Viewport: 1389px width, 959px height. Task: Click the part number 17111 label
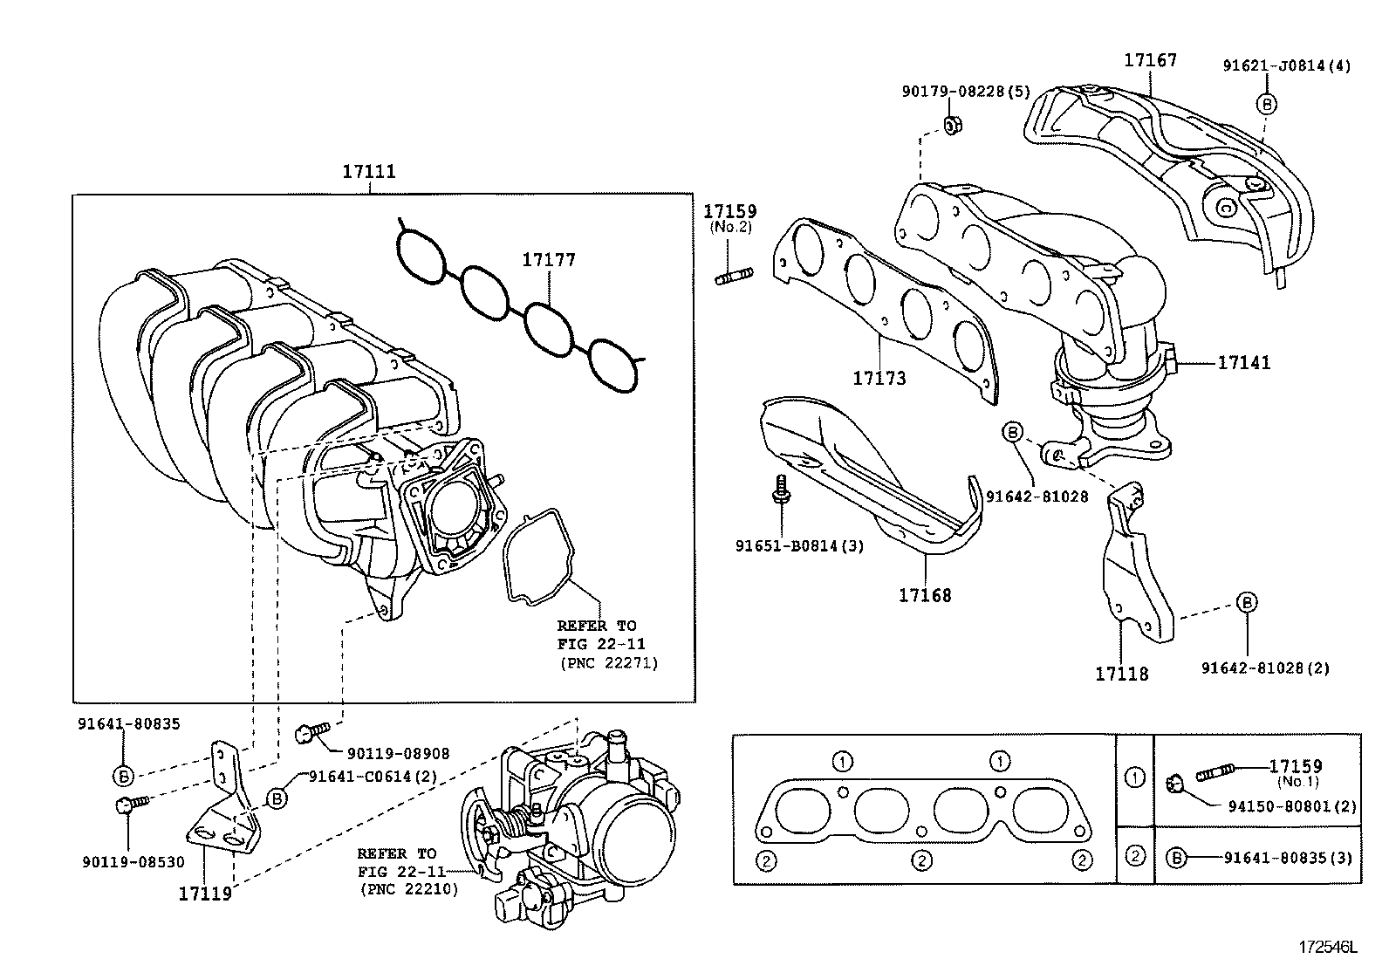point(368,171)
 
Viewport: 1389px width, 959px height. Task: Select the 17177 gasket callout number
point(549,259)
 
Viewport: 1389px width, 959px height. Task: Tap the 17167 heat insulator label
point(1150,60)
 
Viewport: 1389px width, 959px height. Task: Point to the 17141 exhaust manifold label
point(1244,362)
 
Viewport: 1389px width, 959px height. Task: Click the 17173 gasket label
point(879,378)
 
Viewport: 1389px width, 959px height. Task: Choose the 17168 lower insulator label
point(925,595)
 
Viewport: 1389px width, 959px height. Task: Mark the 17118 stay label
point(1122,674)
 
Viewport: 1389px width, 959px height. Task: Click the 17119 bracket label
point(205,893)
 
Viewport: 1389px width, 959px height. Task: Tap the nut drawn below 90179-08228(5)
point(953,125)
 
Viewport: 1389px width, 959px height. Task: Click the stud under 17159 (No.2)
point(734,278)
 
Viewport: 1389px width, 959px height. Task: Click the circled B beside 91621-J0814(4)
point(1266,104)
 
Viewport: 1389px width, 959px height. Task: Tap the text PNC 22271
point(608,663)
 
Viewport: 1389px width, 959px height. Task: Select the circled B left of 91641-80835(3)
point(1176,857)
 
